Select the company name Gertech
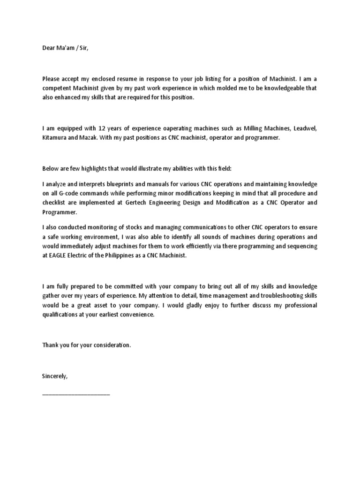(150, 202)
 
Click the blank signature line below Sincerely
(76, 394)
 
